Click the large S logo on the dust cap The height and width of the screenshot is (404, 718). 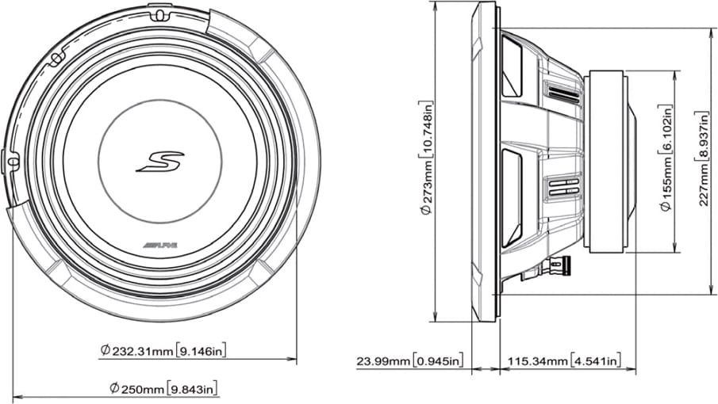tap(160, 162)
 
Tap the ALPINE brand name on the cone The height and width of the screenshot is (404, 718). tap(159, 246)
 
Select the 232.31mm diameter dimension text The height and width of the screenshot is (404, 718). tap(137, 351)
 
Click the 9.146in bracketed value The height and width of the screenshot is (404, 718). tap(201, 351)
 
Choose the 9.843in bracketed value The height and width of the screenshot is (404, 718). tap(192, 389)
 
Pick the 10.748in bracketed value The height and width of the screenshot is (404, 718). tap(426, 130)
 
